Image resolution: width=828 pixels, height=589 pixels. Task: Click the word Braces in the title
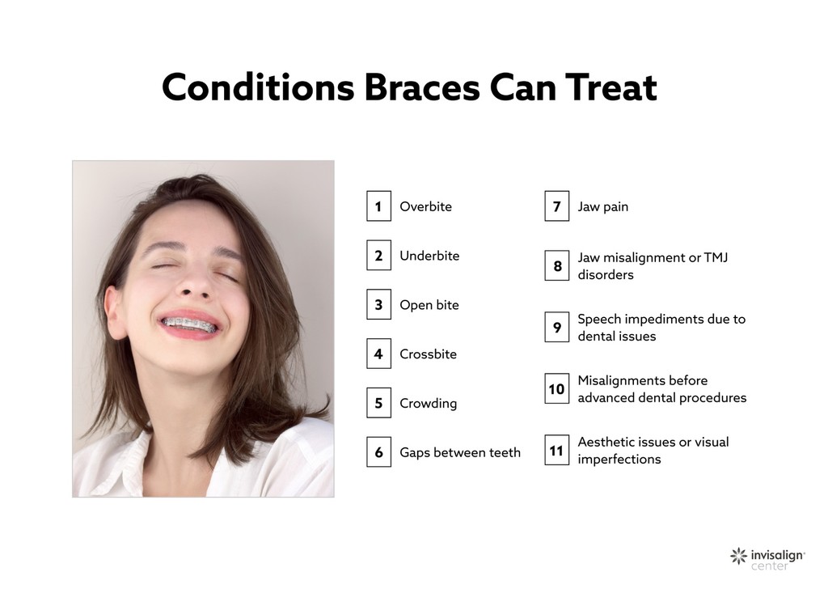421,87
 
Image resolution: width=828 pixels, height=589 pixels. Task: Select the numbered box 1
378,206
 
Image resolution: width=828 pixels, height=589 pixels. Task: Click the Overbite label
425,206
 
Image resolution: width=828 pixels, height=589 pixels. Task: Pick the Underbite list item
429,256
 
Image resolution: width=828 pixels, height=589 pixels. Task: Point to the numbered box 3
378,305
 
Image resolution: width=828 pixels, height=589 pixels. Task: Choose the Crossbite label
428,354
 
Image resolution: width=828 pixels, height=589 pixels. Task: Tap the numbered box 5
378,404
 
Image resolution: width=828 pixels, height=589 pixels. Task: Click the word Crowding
428,404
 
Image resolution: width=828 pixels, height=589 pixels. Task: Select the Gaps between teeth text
460,453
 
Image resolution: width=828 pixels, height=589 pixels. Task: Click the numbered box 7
556,206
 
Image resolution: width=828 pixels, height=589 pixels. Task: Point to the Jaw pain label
602,206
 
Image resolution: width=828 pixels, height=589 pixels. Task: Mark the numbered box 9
556,328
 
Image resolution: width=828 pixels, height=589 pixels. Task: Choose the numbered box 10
556,389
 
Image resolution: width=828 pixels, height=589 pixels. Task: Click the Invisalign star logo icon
738,556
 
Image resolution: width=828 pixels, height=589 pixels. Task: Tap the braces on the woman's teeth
188,324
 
